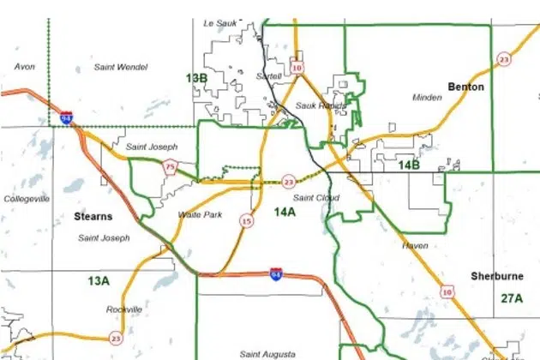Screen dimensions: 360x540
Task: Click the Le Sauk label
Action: pyautogui.click(x=219, y=23)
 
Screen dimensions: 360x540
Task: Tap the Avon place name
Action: pyautogui.click(x=25, y=66)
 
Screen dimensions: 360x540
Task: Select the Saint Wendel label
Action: pyautogui.click(x=120, y=66)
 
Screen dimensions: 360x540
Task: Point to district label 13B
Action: pyautogui.click(x=196, y=78)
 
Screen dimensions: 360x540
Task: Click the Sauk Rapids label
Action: pyautogui.click(x=320, y=105)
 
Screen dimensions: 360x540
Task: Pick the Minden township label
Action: pyautogui.click(x=427, y=98)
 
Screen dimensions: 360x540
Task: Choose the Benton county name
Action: pyautogui.click(x=465, y=87)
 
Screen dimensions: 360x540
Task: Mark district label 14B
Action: pyautogui.click(x=409, y=164)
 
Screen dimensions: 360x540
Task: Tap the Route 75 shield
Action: pyautogui.click(x=171, y=167)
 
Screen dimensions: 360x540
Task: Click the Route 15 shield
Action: pyautogui.click(x=247, y=221)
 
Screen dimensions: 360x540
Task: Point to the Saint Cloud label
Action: pyautogui.click(x=316, y=198)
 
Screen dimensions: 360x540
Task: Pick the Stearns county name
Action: pyautogui.click(x=93, y=217)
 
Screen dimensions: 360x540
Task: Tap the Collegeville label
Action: pyautogui.click(x=27, y=199)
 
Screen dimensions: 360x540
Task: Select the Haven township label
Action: pyautogui.click(x=415, y=245)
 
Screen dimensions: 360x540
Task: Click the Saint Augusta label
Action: pyautogui.click(x=268, y=354)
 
